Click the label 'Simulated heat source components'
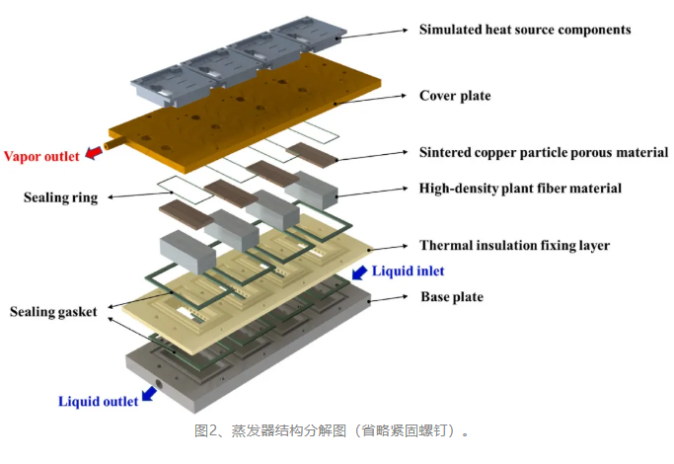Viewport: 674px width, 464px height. click(x=525, y=30)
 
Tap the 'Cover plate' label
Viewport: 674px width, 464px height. click(x=455, y=96)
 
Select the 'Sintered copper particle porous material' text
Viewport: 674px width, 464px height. click(x=544, y=153)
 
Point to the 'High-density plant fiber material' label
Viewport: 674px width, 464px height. click(x=520, y=189)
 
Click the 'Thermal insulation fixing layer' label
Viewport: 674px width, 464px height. click(x=514, y=246)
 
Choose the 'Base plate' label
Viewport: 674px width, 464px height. click(x=452, y=297)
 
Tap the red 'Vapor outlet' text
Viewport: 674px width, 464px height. click(x=41, y=156)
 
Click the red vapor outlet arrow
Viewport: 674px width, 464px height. click(x=94, y=153)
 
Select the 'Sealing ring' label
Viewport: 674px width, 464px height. click(x=60, y=197)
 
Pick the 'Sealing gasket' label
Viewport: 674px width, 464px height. click(x=53, y=312)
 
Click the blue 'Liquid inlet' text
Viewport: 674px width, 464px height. click(x=408, y=271)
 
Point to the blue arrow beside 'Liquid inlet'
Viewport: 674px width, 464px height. click(x=359, y=272)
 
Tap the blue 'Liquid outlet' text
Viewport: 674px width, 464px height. click(x=99, y=401)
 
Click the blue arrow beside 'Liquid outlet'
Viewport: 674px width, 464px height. click(x=149, y=394)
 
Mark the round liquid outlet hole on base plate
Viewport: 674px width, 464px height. click(x=159, y=384)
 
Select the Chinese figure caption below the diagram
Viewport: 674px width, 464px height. click(x=332, y=430)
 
